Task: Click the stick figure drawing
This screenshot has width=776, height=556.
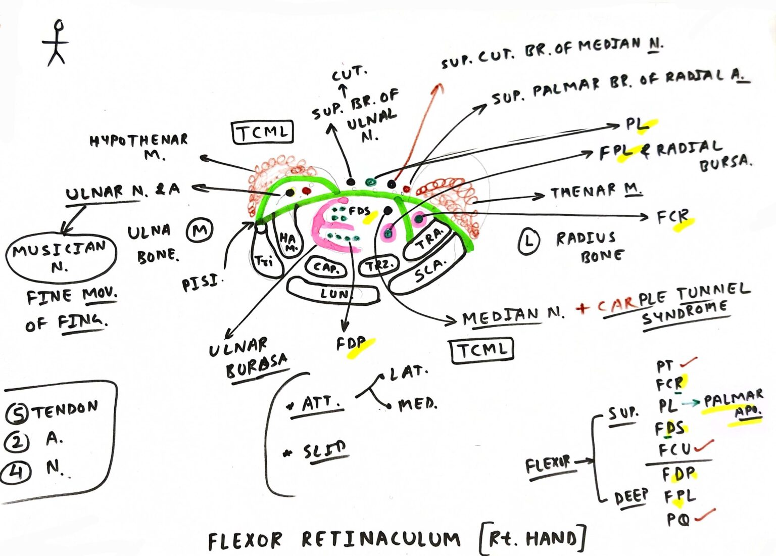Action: click(x=57, y=43)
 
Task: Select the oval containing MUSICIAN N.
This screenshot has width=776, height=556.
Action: click(x=61, y=257)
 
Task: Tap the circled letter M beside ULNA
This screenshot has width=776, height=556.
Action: click(x=200, y=231)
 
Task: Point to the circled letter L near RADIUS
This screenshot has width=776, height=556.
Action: click(x=528, y=241)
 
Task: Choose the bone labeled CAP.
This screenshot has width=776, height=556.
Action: click(x=326, y=267)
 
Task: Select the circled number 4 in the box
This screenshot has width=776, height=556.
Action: click(x=16, y=472)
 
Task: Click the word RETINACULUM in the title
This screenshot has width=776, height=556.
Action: click(x=381, y=539)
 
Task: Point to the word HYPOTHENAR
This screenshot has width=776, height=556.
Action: click(x=138, y=140)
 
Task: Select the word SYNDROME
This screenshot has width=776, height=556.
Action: click(x=685, y=314)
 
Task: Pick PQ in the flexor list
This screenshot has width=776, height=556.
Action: click(x=677, y=519)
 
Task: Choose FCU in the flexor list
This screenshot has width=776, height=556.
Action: click(x=675, y=449)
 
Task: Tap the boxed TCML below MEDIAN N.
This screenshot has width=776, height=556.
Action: click(x=481, y=350)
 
